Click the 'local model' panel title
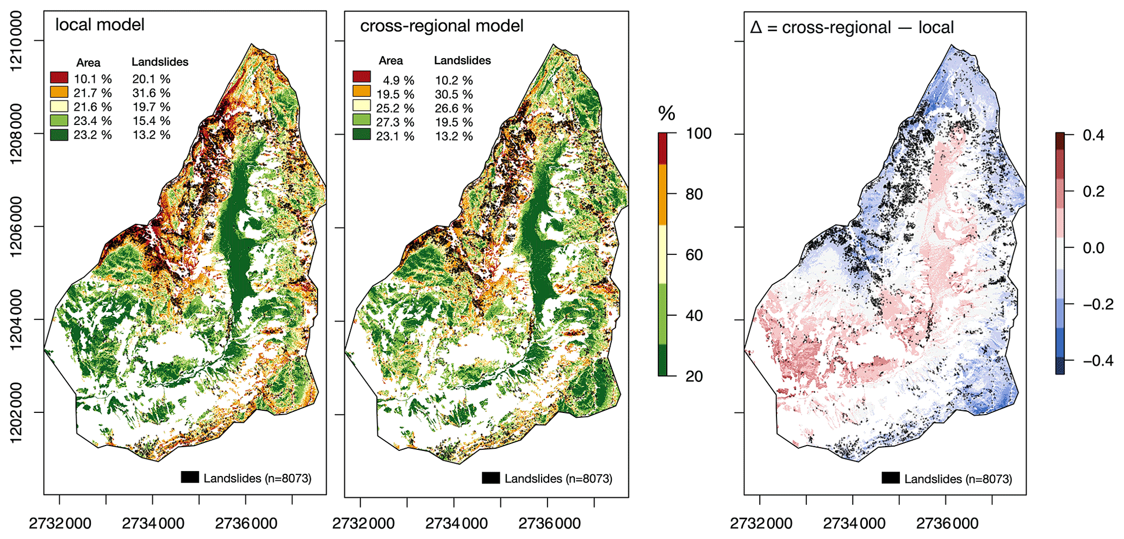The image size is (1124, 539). pos(100,25)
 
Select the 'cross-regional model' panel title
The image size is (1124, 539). pos(442,26)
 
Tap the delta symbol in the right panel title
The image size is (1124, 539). pos(756,27)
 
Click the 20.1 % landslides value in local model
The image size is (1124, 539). pos(151,79)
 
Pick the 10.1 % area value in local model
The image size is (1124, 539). pos(92,79)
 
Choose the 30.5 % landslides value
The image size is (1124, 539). pos(454,95)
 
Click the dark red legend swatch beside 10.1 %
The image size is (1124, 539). pos(59,78)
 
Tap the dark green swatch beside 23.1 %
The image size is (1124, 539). pos(362,134)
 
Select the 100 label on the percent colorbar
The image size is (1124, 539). pos(698,134)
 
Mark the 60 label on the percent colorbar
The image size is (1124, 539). pos(694,255)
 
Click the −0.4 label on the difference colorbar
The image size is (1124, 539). pos(1098,360)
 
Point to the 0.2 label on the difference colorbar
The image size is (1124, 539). pos(1093,191)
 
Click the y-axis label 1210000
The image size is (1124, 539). pos(16,41)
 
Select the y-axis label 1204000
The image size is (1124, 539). pos(16,319)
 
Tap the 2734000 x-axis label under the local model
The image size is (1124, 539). pos(153,524)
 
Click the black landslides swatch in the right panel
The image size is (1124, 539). pos(890,478)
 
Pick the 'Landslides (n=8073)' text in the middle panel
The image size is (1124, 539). pos(558,479)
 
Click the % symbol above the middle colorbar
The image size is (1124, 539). pos(666,114)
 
